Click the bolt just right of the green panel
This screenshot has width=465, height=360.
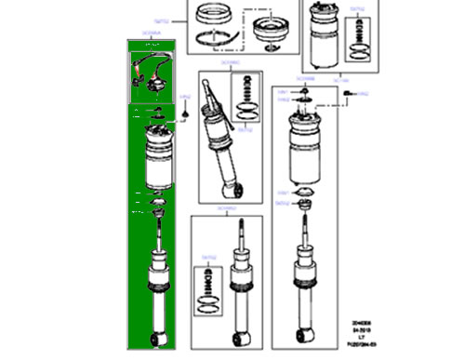click(186, 111)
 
